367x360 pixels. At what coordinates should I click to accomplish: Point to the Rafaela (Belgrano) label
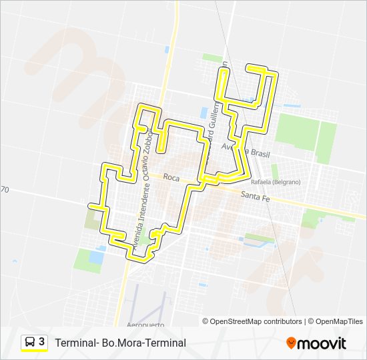[x=276, y=181]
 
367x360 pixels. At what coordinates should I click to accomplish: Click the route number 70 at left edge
[x=4, y=190]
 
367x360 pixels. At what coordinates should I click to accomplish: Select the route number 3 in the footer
[x=42, y=342]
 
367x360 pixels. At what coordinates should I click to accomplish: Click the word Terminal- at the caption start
[x=75, y=343]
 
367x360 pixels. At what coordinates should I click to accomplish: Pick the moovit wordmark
[x=322, y=343]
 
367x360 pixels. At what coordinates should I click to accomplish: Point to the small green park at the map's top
[x=213, y=58]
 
